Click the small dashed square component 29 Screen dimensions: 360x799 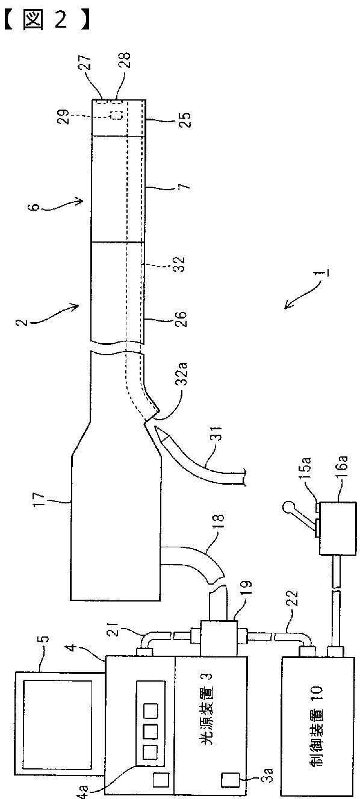pyautogui.click(x=117, y=116)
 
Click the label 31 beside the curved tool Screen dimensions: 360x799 pyautogui.click(x=216, y=433)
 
